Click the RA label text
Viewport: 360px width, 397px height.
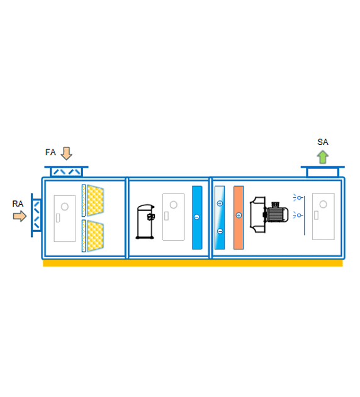pos(18,204)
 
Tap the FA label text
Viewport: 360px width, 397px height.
pos(50,152)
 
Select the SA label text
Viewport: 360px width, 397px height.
pos(323,142)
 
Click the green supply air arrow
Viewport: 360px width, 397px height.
pos(323,157)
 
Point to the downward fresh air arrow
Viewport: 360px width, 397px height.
pos(67,153)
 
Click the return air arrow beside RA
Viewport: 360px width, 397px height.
pos(20,216)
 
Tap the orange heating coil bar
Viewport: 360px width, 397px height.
pos(239,218)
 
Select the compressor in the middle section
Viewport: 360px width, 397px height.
pos(145,222)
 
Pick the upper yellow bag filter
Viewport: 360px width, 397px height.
pos(96,200)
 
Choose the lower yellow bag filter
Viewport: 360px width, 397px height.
pos(96,236)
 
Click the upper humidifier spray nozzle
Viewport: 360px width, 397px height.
pos(298,197)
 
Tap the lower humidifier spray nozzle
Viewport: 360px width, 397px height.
pos(298,216)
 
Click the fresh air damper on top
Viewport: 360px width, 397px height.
pos(67,172)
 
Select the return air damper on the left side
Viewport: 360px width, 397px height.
pos(37,216)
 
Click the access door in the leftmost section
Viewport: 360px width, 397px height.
pos(64,219)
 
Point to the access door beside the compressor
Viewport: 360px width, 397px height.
pos(174,217)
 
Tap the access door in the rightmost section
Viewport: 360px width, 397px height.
pos(323,217)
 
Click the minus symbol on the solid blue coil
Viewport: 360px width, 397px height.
pos(197,217)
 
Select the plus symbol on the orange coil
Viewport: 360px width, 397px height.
pos(239,216)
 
